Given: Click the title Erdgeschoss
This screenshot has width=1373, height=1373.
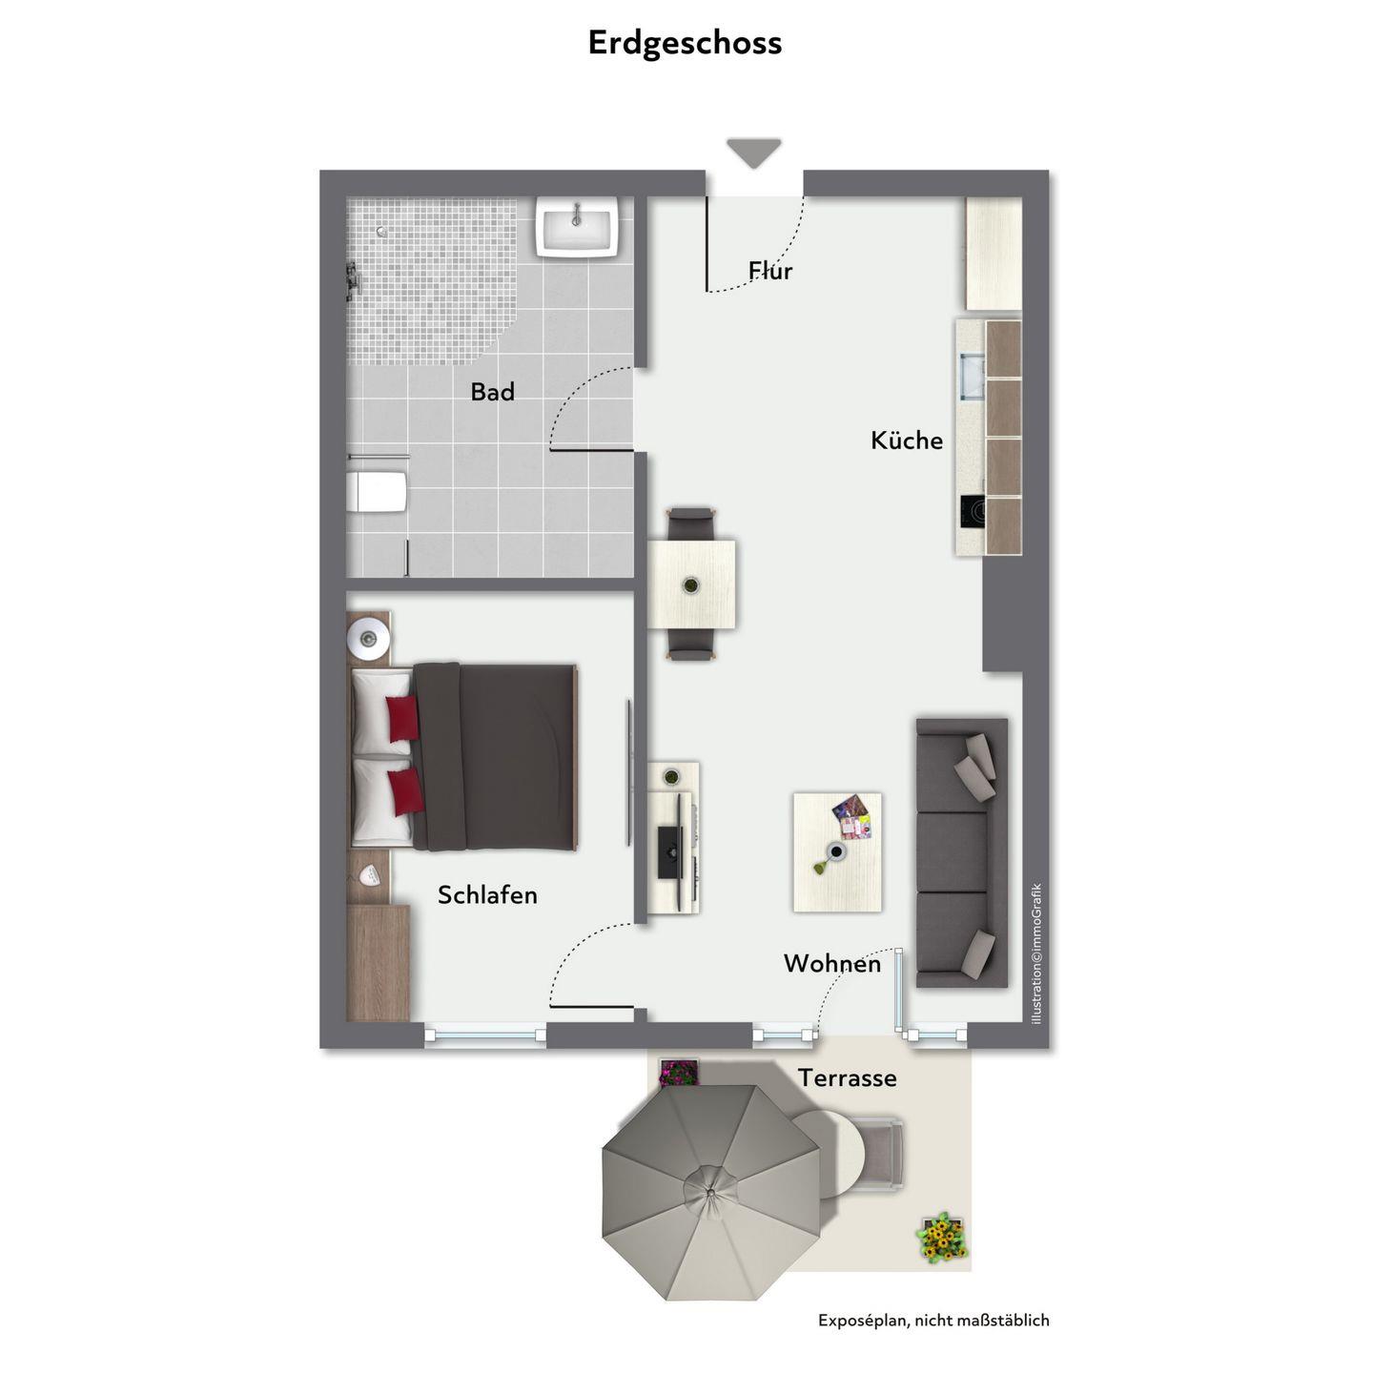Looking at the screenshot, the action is point(685,44).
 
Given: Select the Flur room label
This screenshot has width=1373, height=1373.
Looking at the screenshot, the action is point(770,270).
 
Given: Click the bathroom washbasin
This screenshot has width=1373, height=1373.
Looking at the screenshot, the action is point(579,226).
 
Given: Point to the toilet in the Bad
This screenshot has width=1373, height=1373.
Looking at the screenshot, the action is point(378,491).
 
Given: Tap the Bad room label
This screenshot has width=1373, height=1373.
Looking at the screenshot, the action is point(492,392).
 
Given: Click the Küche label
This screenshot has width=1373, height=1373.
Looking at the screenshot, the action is point(907,440).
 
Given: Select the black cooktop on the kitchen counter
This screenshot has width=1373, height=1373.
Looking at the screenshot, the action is point(972,512).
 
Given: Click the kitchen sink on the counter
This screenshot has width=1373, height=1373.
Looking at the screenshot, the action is point(972,377).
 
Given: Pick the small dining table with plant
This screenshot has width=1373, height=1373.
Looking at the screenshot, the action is point(691,585).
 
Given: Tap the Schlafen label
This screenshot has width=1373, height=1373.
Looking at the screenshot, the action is point(487,895).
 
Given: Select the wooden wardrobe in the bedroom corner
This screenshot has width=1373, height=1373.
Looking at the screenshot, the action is point(378,963).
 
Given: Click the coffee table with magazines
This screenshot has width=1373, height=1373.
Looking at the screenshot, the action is point(837,852).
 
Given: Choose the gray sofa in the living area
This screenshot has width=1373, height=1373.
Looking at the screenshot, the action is point(962,852).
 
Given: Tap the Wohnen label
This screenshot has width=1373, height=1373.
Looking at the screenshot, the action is point(832,963).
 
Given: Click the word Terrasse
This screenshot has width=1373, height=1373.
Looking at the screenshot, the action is point(848,1077).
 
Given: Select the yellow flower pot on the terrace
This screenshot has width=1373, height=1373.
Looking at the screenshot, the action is point(942,1238).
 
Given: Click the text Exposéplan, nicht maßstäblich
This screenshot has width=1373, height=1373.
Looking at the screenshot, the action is point(933,1321).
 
